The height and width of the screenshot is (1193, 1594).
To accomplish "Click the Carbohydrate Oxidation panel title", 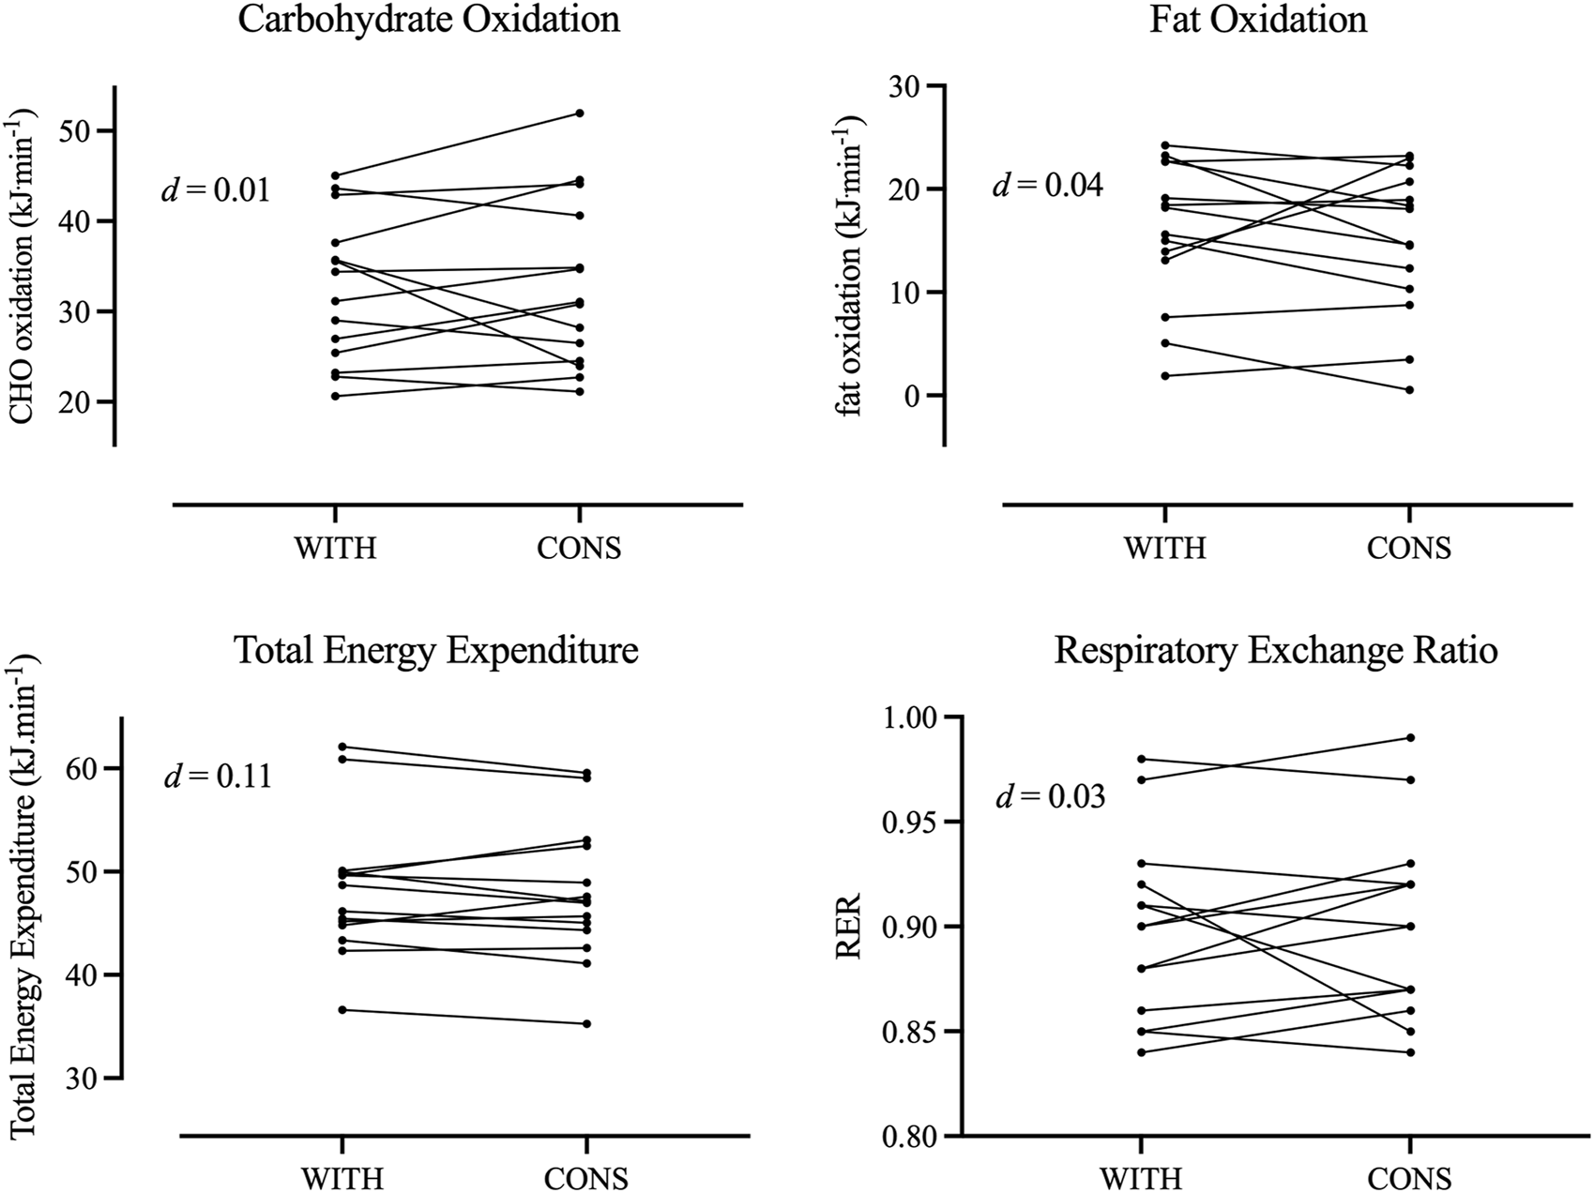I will (x=429, y=19).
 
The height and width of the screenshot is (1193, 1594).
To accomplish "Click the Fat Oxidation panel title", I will (x=1257, y=19).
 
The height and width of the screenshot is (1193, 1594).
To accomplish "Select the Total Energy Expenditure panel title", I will (x=436, y=650).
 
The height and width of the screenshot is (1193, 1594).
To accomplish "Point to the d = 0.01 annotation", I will (x=216, y=190).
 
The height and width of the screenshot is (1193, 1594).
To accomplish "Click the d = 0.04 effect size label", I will (x=1048, y=185).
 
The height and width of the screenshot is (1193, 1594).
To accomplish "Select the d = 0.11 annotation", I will (x=218, y=777).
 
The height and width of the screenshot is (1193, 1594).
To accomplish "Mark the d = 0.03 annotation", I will (x=1049, y=797).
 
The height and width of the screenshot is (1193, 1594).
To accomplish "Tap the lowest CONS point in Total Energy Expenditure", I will (x=586, y=1023).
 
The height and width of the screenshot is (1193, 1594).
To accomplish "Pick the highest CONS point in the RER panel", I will (x=1410, y=738).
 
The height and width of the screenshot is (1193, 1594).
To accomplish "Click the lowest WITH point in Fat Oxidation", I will (x=1164, y=375).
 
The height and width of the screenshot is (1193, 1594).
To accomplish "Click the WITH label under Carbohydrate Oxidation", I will (x=335, y=548).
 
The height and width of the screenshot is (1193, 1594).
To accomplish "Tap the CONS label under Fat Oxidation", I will (x=1408, y=548).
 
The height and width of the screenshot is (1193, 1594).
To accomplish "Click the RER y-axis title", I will (x=848, y=926).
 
